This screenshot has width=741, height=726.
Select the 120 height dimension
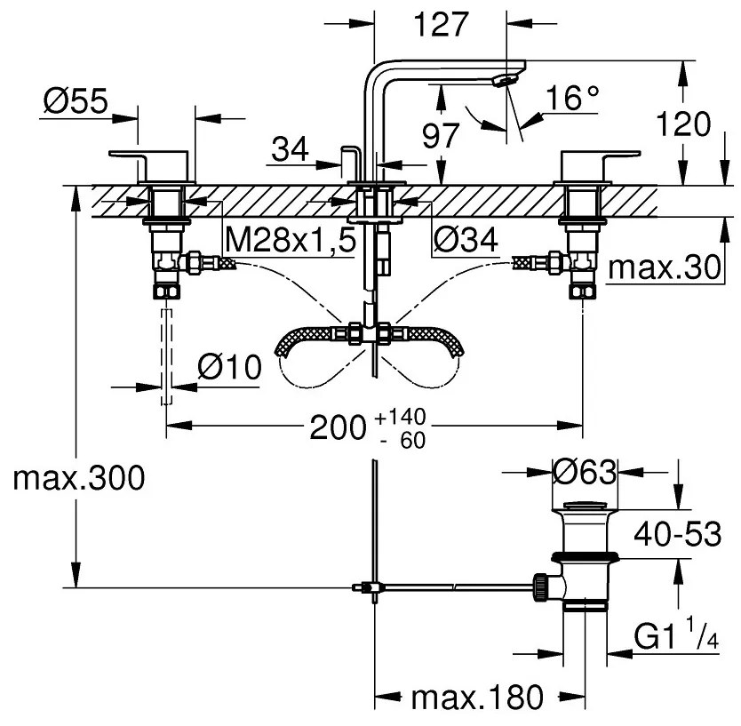(x=685, y=124)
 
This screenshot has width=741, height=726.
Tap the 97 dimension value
(x=441, y=136)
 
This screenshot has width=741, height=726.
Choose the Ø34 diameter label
(x=466, y=238)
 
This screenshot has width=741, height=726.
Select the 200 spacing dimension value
(x=337, y=428)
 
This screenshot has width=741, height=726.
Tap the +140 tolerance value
(x=387, y=417)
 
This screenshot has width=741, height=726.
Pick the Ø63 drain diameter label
(x=584, y=473)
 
